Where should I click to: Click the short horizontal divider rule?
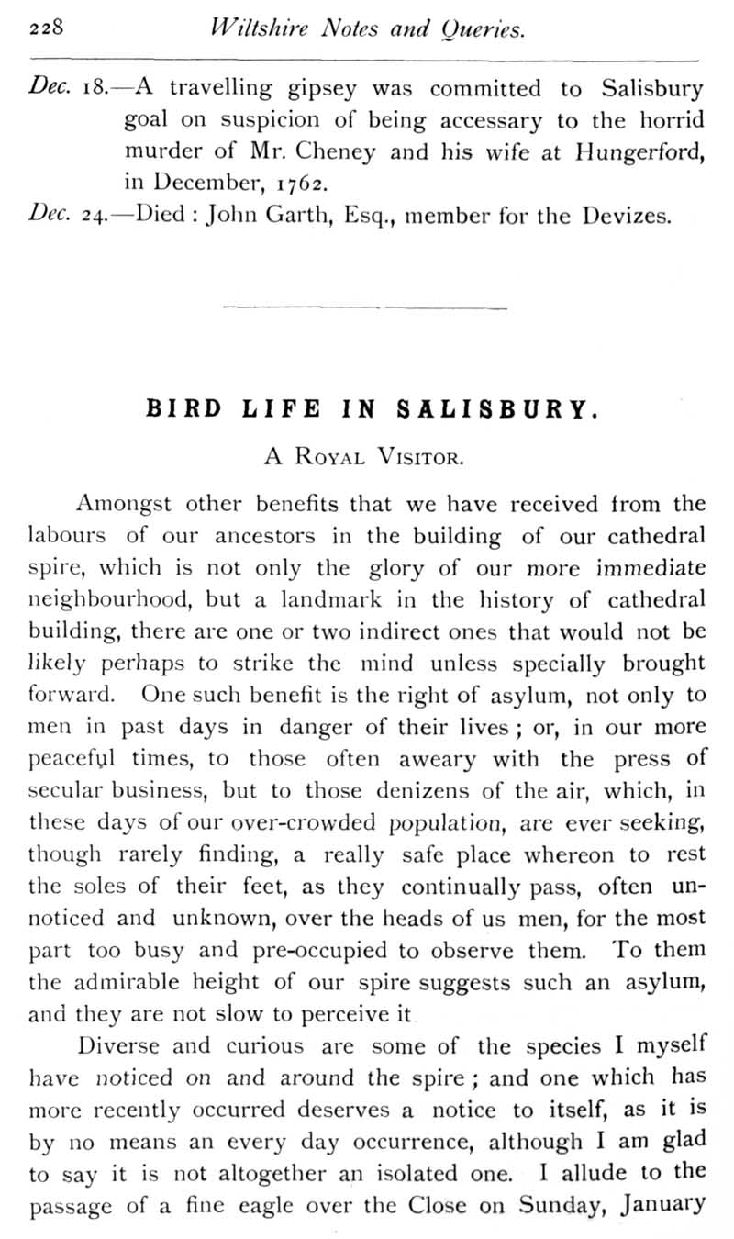click(364, 307)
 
